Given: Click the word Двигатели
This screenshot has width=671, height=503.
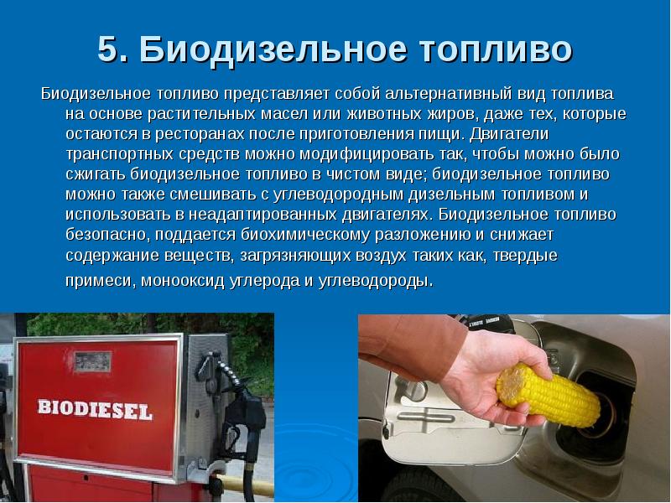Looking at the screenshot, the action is click(509, 134).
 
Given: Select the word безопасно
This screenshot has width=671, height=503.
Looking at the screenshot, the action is click(108, 235).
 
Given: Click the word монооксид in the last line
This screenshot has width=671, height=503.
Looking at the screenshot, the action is click(183, 281).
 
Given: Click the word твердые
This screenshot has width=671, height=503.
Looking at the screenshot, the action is click(526, 256).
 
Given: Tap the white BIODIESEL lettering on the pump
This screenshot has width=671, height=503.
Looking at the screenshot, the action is click(95, 409).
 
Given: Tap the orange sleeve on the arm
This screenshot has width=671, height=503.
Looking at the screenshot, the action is click(411, 346).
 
